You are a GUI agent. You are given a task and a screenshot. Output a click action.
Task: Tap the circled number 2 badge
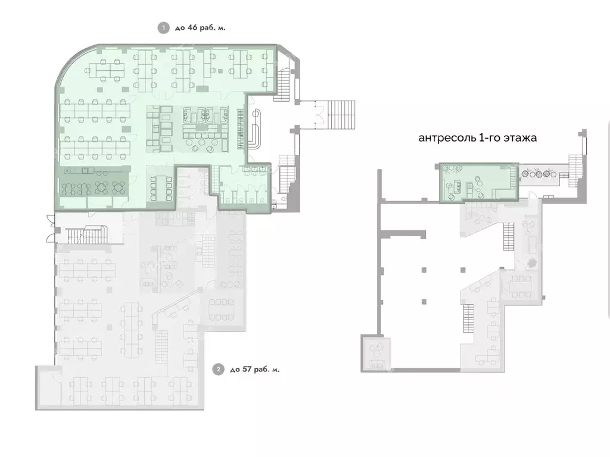[219, 370]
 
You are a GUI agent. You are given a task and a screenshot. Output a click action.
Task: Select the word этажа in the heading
[521, 138]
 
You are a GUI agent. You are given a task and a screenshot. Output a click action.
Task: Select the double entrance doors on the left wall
[46, 229]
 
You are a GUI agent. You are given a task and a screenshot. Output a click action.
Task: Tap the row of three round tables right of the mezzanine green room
[539, 174]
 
